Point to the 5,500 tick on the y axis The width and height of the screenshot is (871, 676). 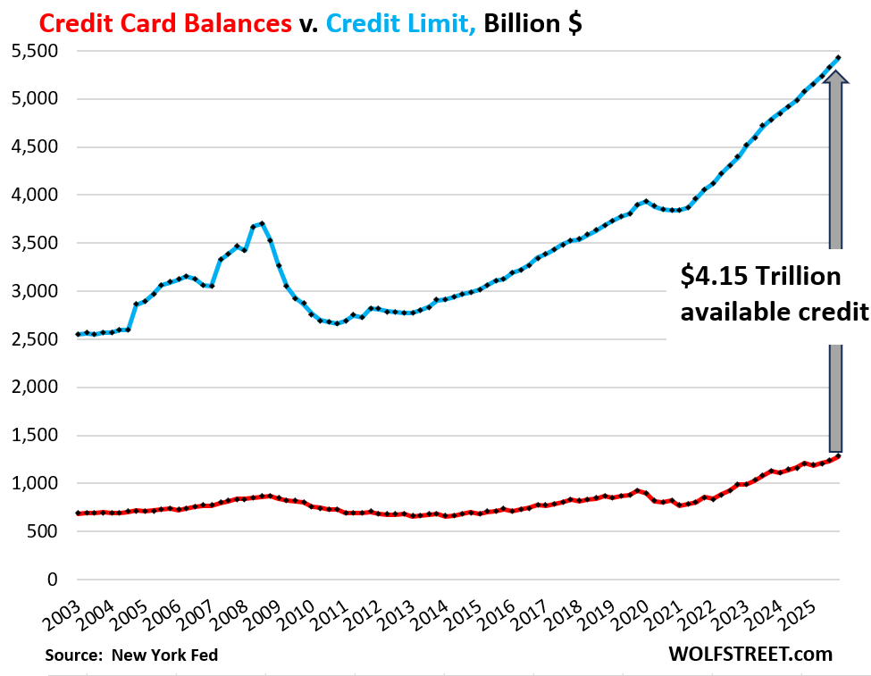[x=34, y=52]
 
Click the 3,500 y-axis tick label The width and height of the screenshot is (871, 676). [x=34, y=244]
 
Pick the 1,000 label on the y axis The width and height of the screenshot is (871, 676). [x=34, y=484]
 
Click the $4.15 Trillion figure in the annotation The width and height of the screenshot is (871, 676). [x=760, y=278]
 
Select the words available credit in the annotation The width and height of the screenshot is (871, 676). [x=774, y=312]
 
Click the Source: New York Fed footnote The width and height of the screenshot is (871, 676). [x=131, y=655]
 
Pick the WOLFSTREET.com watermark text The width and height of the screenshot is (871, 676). [x=750, y=655]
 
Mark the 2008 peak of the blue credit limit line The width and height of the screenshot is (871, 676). [x=262, y=223]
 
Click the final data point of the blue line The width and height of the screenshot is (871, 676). [x=837, y=58]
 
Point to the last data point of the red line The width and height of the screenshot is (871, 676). [x=837, y=456]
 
